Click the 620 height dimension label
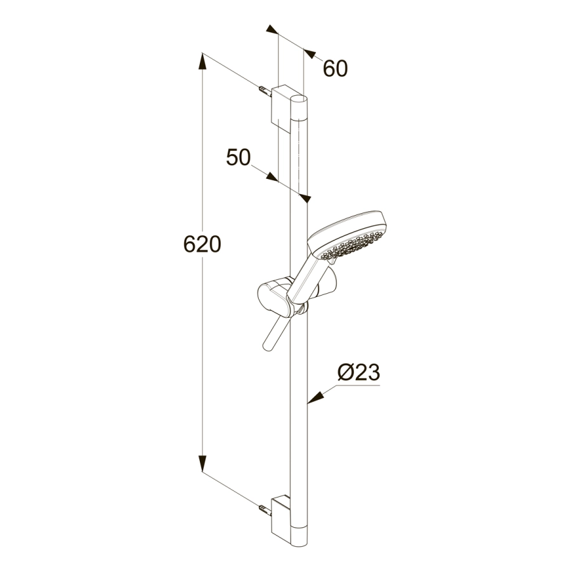202,244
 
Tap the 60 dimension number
336,69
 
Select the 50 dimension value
239,157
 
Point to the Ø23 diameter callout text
358,372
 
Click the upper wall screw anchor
265,91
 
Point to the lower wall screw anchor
265,510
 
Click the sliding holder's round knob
272,299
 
